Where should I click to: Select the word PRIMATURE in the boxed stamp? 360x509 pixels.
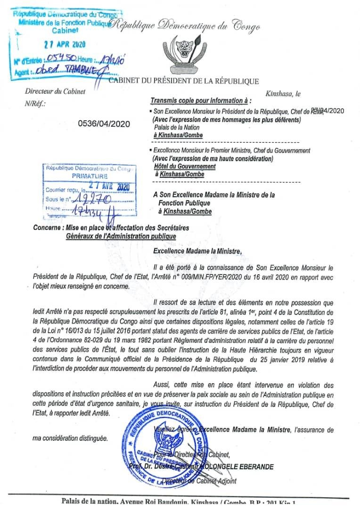(x=89, y=175)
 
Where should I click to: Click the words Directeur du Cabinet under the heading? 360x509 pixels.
(x=55, y=92)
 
